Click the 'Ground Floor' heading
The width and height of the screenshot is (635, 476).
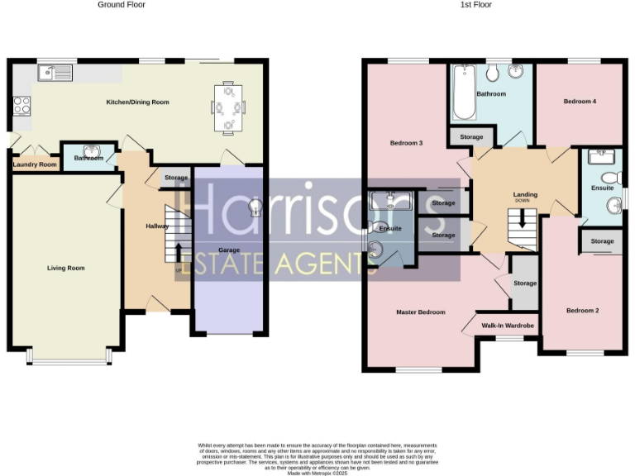(x=121, y=5)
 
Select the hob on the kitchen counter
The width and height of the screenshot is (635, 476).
(x=22, y=105)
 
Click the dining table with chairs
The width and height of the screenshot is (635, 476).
(x=229, y=107)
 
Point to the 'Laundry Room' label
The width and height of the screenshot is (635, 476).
(x=35, y=164)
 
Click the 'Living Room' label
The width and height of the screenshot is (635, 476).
(x=65, y=268)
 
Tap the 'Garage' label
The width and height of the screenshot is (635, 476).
(x=228, y=249)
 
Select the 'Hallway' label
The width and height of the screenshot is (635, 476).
(x=157, y=226)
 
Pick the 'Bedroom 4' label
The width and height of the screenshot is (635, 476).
(x=580, y=102)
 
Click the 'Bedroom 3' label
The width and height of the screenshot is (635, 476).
(x=406, y=143)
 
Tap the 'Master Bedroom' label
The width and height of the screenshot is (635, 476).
(x=420, y=312)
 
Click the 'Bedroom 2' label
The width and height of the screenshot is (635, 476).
(x=582, y=311)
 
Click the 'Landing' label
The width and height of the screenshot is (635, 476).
(x=525, y=194)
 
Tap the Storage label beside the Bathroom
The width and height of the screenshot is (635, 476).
(x=471, y=137)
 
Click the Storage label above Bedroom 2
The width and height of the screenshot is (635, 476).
(x=602, y=241)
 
